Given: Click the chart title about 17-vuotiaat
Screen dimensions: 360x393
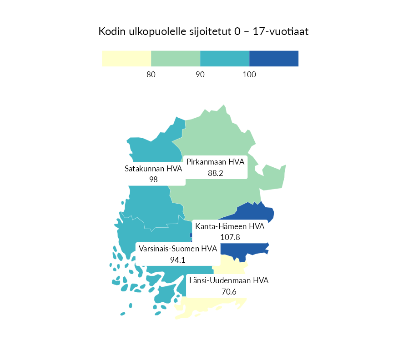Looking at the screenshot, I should [204, 32].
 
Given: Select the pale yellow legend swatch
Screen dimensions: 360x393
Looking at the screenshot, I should [126, 59].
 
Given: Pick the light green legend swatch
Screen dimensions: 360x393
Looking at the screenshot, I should [176, 59].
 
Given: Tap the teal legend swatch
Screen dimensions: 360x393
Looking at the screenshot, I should [225, 59].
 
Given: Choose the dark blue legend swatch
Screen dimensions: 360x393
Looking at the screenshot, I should [274, 59].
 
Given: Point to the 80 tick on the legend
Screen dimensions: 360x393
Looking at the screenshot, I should [151, 75].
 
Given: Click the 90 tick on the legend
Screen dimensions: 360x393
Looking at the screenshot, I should [200, 75].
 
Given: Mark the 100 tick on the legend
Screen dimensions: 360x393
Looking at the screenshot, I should [249, 75].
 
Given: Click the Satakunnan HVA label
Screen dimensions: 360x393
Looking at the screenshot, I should [153, 169].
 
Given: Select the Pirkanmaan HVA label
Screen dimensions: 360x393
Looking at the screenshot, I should [216, 162].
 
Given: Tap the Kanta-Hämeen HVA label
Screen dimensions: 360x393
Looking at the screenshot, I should [230, 226].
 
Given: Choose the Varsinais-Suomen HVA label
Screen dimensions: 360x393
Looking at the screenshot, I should [178, 249].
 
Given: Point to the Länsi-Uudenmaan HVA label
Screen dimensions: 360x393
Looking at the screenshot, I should [229, 280].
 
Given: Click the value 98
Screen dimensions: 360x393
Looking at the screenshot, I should [153, 180].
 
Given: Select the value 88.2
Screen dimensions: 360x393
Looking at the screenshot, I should [216, 173].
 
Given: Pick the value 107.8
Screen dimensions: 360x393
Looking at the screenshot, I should [230, 237].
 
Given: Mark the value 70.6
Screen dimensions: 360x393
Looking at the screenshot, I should [229, 291].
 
